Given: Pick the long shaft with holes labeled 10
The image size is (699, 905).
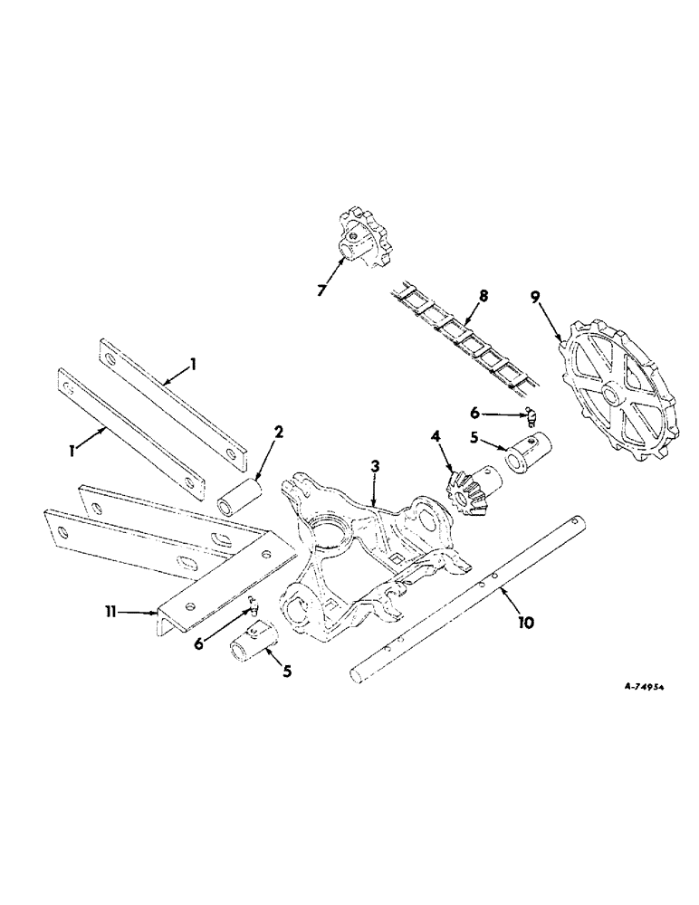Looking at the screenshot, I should pyautogui.click(x=471, y=598).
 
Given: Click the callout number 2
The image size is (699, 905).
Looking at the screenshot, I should pyautogui.click(x=280, y=433).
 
